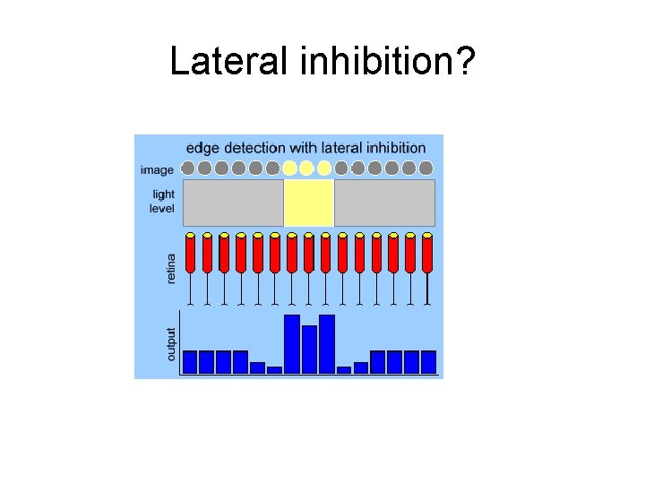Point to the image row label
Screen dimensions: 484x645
(158, 168)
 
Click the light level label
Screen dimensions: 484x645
(162, 202)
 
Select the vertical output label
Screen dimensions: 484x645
(172, 343)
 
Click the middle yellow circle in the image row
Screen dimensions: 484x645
(306, 168)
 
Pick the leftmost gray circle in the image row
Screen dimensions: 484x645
(188, 168)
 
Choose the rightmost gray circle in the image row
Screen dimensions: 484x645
(426, 168)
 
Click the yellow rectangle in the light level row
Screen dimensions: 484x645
(309, 203)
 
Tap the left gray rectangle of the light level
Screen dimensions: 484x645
(233, 203)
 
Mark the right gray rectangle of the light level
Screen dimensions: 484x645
(384, 203)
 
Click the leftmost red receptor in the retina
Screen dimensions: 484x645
(190, 254)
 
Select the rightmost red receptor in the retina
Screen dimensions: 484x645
(427, 254)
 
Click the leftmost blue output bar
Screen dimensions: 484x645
(190, 361)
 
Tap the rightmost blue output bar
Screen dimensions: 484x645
(428, 361)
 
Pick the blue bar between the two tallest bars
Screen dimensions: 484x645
(309, 349)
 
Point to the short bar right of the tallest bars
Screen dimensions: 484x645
(344, 369)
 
